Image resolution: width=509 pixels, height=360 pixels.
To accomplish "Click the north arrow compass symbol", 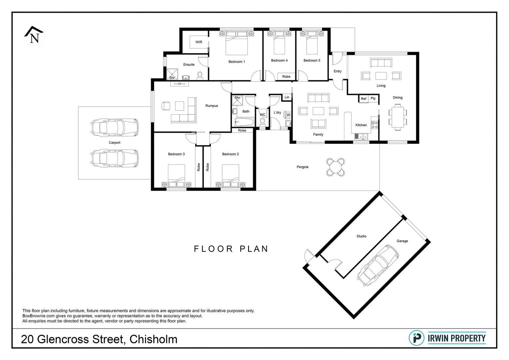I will tap(34, 35).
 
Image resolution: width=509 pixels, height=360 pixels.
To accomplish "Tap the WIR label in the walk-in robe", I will tap(199, 42).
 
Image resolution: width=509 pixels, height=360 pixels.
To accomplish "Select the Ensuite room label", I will tap(189, 65).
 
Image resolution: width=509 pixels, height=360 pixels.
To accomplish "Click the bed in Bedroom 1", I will tap(237, 43).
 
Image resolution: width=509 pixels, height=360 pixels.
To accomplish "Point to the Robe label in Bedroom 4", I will tap(286, 77).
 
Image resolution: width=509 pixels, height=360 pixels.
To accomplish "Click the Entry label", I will tap(337, 71).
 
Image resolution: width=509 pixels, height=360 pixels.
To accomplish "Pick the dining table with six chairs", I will tap(397, 117).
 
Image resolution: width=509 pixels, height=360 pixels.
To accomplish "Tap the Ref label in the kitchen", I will tap(363, 99).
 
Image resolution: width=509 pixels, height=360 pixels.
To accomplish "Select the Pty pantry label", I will tap(373, 99).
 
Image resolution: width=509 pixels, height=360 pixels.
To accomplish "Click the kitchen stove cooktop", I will tap(375, 125).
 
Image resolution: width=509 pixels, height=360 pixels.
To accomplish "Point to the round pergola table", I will tap(335, 167).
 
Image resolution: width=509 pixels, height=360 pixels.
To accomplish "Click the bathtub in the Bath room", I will tap(245, 122).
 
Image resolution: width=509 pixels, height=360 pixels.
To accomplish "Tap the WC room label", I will tap(262, 115).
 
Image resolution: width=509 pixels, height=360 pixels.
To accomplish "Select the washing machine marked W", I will tap(288, 115).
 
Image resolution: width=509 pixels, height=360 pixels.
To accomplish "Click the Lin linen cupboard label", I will tap(287, 97).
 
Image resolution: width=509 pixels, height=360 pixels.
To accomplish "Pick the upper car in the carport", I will tap(114, 127).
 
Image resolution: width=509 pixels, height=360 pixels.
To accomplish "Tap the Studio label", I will tap(361, 236).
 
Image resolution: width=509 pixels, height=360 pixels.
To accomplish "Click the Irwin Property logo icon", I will tap(416, 338).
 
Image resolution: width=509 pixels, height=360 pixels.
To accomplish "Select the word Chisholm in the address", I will tap(153, 339).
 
